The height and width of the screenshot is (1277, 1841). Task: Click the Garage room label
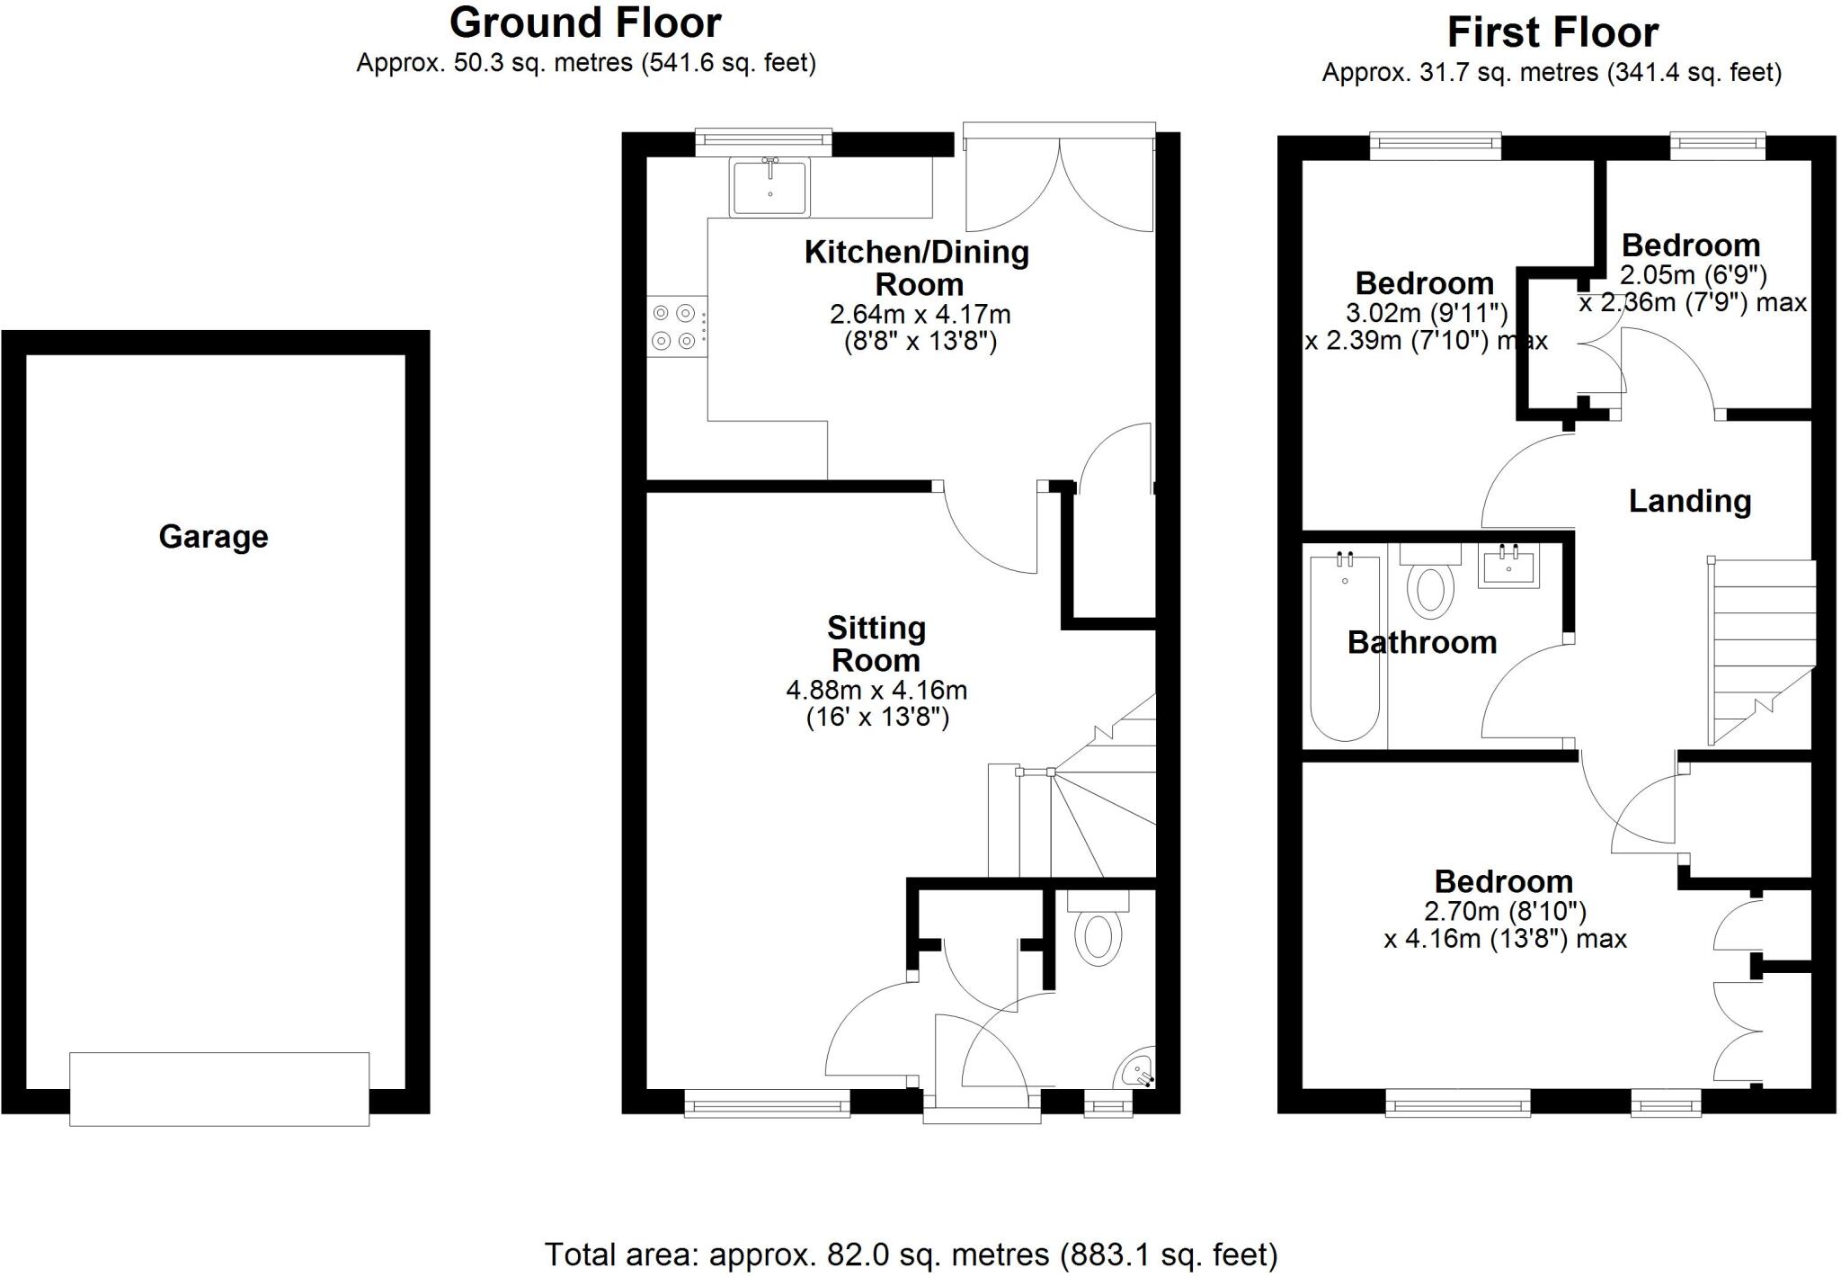[x=213, y=537]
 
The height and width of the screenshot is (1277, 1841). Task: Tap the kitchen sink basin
[x=769, y=187]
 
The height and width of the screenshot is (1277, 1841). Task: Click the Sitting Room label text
[x=876, y=644]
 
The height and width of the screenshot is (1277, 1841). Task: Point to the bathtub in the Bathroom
[x=1345, y=647]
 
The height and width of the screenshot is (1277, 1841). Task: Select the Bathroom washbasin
[x=1509, y=566]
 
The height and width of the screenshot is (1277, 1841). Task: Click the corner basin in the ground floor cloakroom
[x=1138, y=1070]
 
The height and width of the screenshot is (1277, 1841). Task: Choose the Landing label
[x=1690, y=501]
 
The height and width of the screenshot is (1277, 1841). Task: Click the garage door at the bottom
[x=219, y=1088]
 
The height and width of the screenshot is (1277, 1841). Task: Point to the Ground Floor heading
[x=585, y=22]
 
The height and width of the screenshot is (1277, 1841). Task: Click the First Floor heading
[x=1552, y=33]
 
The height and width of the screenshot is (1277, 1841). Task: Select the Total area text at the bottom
[x=911, y=1254]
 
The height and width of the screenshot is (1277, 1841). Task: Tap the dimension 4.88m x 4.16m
[x=876, y=691]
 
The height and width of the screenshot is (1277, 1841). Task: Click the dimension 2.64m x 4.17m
[x=920, y=315]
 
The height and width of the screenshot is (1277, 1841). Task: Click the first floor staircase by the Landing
[x=1762, y=647]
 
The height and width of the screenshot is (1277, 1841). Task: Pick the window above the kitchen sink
[x=763, y=139]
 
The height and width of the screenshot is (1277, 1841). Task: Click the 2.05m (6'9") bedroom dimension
[x=1694, y=274]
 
